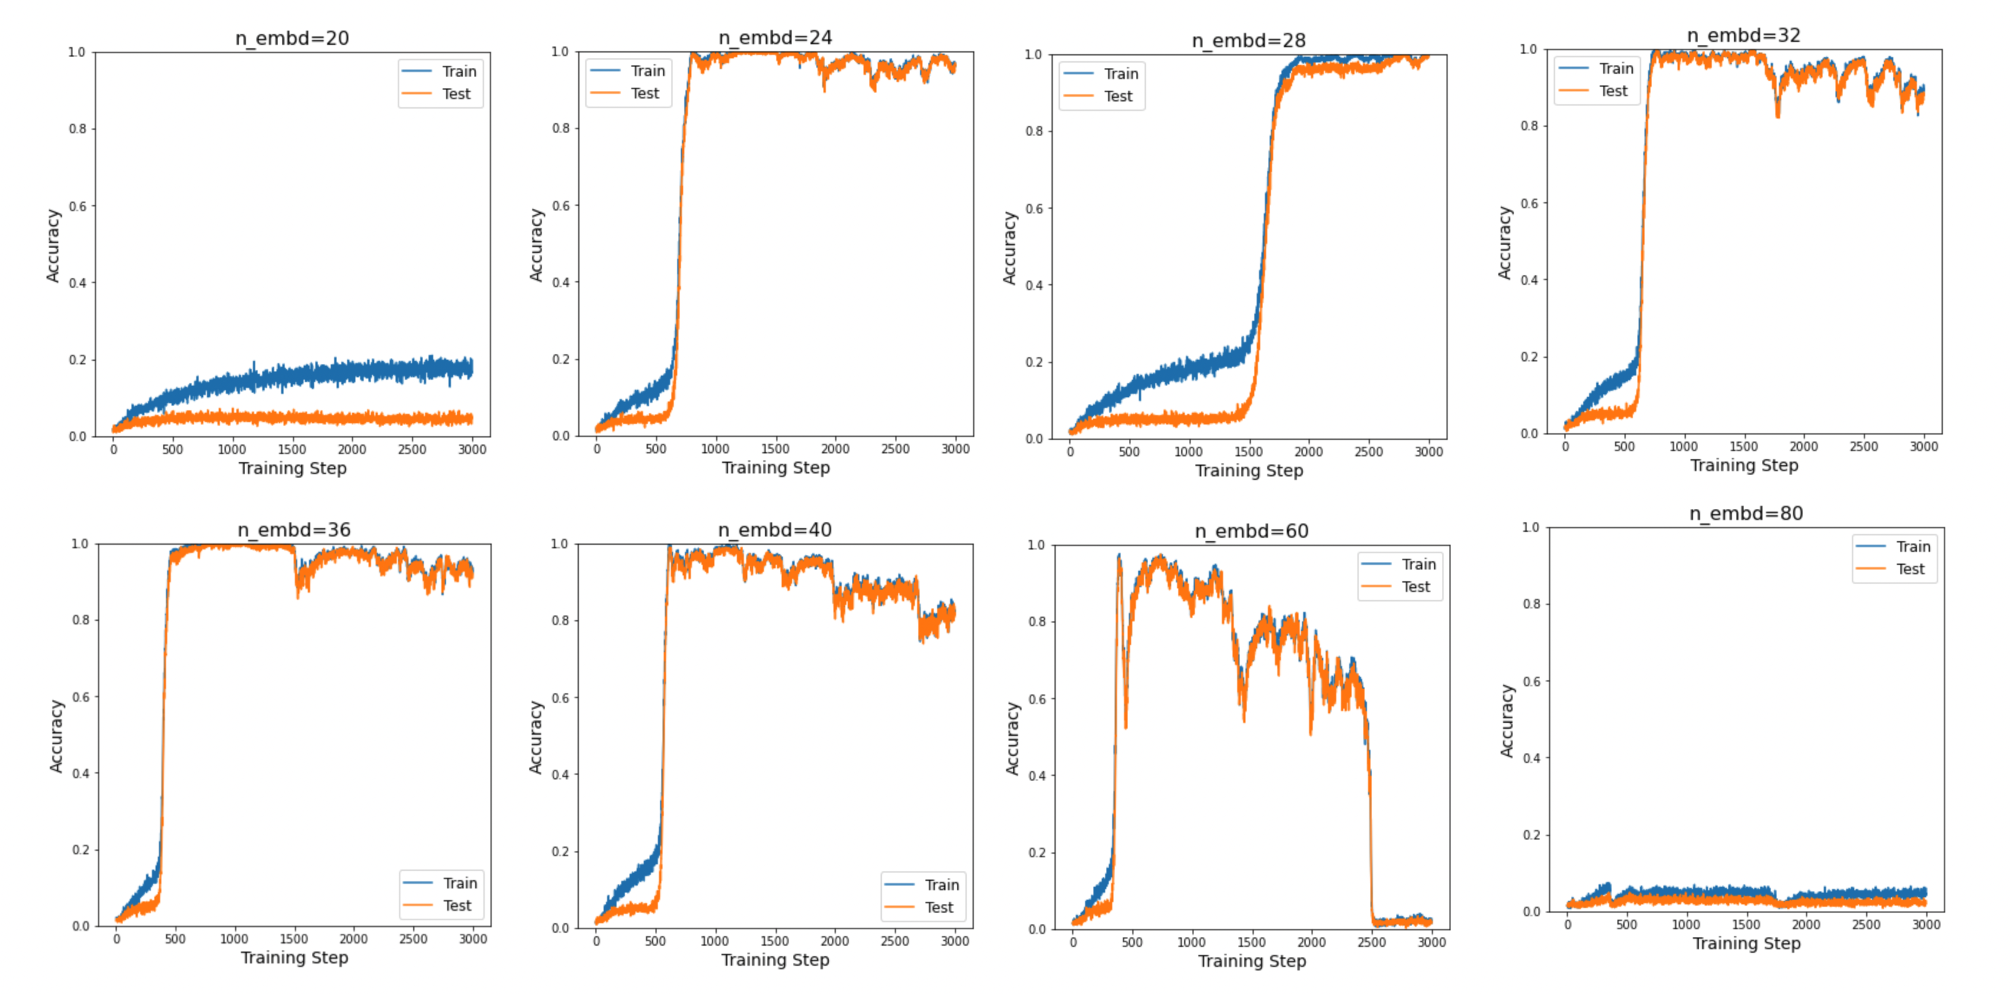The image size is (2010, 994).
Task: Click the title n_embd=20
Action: pyautogui.click(x=292, y=38)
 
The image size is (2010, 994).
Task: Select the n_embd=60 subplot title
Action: pyautogui.click(x=1251, y=531)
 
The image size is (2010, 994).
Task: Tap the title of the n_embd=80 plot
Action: pyautogui.click(x=1747, y=514)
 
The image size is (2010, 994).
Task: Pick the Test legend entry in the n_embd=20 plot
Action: pyautogui.click(x=456, y=94)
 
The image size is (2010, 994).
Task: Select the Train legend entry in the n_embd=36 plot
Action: pyautogui.click(x=460, y=883)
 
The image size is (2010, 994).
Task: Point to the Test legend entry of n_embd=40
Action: pyautogui.click(x=938, y=907)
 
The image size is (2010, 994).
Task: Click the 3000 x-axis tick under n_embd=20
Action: pyautogui.click(x=472, y=449)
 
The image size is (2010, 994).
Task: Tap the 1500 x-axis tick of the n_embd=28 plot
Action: pyautogui.click(x=1248, y=452)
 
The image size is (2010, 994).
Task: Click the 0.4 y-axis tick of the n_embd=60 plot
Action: pyautogui.click(x=1036, y=775)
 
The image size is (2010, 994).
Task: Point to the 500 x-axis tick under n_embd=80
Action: pyautogui.click(x=1627, y=924)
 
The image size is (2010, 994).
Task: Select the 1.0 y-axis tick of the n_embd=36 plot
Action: pyautogui.click(x=80, y=544)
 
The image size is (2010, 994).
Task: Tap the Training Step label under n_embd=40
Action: pyautogui.click(x=775, y=960)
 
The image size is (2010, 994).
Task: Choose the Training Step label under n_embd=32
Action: pyautogui.click(x=1744, y=466)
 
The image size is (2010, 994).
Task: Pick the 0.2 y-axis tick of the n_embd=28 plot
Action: pyautogui.click(x=1033, y=362)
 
